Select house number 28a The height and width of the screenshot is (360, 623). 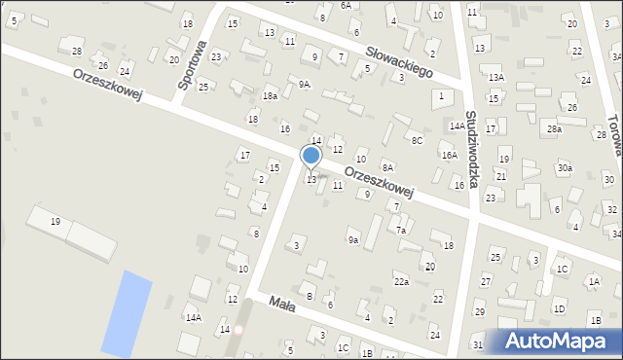(554, 128)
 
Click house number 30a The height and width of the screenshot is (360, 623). (565, 167)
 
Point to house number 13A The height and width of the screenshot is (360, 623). (495, 77)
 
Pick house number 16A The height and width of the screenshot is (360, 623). (449, 155)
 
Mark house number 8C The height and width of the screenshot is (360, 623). (417, 141)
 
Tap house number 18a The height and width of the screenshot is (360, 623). (270, 95)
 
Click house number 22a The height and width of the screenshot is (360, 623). (401, 281)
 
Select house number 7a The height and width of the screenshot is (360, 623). (400, 230)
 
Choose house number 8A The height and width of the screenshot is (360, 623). (387, 167)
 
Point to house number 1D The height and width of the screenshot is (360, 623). (559, 308)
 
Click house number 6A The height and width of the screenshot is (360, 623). (346, 5)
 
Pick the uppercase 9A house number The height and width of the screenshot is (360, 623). (305, 85)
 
